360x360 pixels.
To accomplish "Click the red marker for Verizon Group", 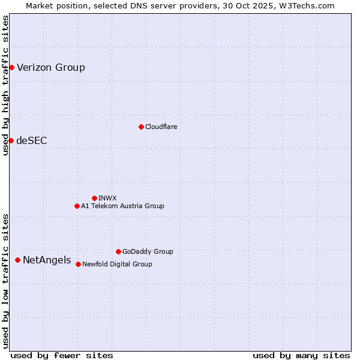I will (x=11, y=67).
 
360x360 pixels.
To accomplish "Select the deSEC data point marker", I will (x=11, y=140).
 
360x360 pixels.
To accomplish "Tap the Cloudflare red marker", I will (x=141, y=127).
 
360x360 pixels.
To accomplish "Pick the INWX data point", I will (x=94, y=198).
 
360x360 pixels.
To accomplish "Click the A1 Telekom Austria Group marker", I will (x=77, y=206).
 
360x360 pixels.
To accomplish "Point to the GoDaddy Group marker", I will (x=118, y=251).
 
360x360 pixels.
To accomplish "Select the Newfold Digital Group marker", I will (x=78, y=264).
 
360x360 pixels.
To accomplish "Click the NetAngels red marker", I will (x=18, y=260).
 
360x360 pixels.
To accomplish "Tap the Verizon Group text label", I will (x=51, y=67).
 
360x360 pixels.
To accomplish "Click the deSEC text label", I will (x=32, y=140).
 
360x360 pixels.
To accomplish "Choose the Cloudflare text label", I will (x=161, y=127).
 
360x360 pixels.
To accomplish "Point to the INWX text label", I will (x=107, y=198).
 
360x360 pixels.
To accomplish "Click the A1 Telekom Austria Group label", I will (x=122, y=206).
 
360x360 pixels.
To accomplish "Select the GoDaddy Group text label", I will (x=148, y=251).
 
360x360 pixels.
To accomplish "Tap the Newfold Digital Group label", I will (x=117, y=264).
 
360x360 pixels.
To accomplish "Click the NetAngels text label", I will (x=47, y=260).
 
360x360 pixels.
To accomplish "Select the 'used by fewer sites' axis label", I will (x=62, y=355).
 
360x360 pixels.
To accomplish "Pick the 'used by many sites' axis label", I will (x=301, y=355).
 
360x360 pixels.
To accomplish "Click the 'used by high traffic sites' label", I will (x=5, y=85).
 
